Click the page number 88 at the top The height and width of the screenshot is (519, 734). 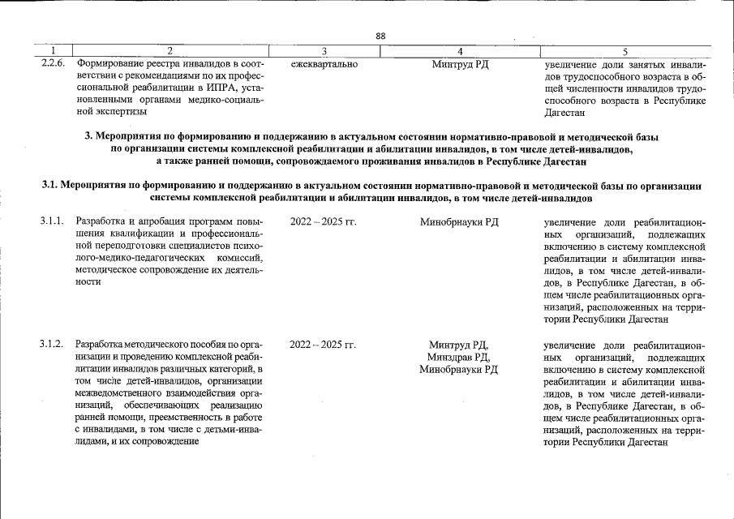[380, 35]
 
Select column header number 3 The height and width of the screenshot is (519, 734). [324, 51]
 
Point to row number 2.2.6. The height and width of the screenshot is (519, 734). [54, 63]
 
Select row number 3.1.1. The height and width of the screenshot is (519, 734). [52, 221]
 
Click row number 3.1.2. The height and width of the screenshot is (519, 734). [52, 345]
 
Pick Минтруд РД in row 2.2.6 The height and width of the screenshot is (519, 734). [460, 63]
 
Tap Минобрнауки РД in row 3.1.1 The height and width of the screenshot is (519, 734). [459, 221]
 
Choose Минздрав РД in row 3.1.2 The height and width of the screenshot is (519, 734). [459, 358]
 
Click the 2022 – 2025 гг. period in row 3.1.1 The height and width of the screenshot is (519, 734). [323, 221]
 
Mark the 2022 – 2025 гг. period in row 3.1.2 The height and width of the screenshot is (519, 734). [323, 345]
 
